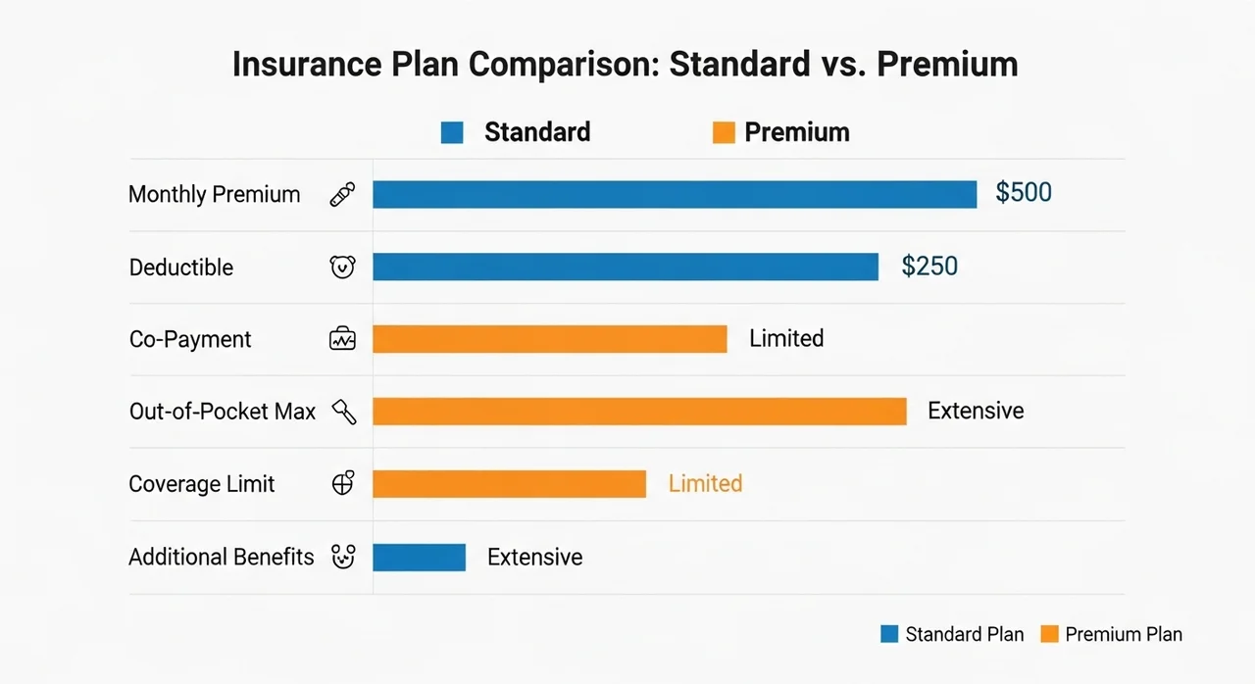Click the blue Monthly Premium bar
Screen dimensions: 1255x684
pyautogui.click(x=675, y=194)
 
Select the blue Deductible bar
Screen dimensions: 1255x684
pyautogui.click(x=626, y=267)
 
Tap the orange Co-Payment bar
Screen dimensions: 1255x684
pyautogui.click(x=550, y=339)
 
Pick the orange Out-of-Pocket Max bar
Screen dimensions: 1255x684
pyautogui.click(x=639, y=412)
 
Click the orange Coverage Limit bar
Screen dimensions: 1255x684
pyautogui.click(x=509, y=484)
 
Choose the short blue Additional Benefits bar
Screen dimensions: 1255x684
pyautogui.click(x=419, y=557)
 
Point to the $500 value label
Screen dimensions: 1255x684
pyautogui.click(x=1023, y=192)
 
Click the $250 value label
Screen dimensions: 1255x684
pyautogui.click(x=929, y=266)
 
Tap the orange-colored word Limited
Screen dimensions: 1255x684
pyautogui.click(x=705, y=483)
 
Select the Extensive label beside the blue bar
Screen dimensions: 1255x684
pyautogui.click(x=534, y=557)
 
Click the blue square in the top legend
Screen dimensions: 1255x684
pyautogui.click(x=452, y=132)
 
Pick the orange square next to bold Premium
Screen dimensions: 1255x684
pyautogui.click(x=724, y=132)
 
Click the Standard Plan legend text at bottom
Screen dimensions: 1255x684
pyautogui.click(x=964, y=634)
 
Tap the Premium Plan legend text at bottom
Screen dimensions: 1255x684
pyautogui.click(x=1124, y=634)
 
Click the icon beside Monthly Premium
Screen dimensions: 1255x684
pyautogui.click(x=342, y=194)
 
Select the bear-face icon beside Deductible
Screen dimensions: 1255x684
pyautogui.click(x=342, y=267)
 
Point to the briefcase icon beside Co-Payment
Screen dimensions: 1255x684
pyautogui.click(x=342, y=338)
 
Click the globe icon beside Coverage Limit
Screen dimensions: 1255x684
pyautogui.click(x=343, y=482)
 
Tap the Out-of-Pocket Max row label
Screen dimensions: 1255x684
pyautogui.click(x=223, y=412)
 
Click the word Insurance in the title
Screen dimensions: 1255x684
pyautogui.click(x=307, y=64)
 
